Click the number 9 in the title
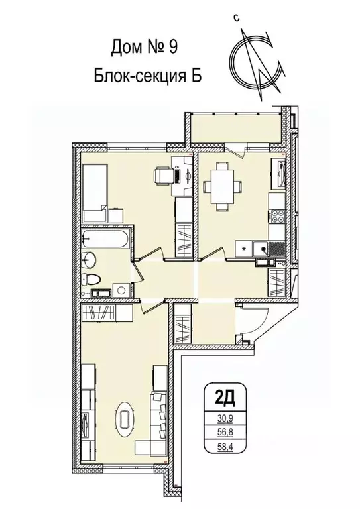(x=171, y=48)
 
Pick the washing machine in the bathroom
(x=119, y=289)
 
